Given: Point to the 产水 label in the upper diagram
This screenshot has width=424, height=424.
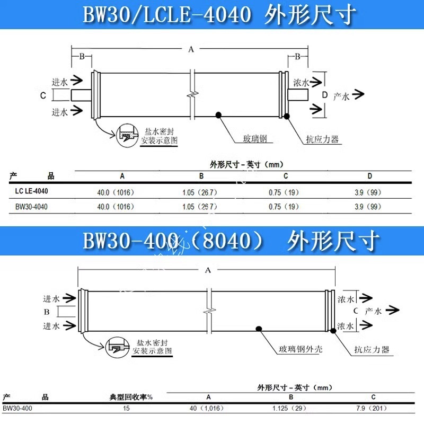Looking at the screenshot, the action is [341, 96].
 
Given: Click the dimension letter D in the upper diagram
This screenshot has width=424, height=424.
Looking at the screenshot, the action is [325, 95].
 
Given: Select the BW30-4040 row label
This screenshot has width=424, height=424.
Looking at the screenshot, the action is [31, 207].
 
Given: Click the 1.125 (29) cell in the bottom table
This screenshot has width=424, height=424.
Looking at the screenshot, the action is [291, 408].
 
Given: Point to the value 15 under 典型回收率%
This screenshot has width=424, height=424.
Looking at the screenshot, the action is [126, 408].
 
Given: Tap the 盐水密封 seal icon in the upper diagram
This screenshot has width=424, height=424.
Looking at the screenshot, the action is [127, 133].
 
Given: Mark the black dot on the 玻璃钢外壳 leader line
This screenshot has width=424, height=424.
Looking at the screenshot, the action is [259, 328].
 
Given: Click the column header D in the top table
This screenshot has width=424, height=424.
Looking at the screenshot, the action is [369, 176].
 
